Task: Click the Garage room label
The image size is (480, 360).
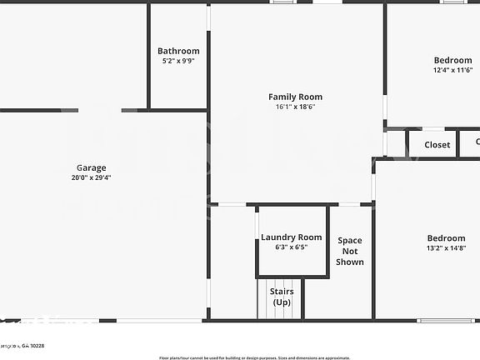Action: point(92,167)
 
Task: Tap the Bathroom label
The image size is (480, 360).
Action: point(178,51)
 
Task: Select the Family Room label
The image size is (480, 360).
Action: point(295,97)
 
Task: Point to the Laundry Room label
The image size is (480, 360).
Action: point(291,237)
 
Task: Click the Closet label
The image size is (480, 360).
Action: point(437,145)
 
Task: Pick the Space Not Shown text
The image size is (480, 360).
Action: point(350,251)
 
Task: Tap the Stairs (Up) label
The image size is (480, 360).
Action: point(281,297)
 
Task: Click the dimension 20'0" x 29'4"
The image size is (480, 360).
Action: point(92,177)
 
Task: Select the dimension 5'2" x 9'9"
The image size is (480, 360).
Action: point(178,61)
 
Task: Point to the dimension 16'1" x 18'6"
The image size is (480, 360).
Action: point(295,107)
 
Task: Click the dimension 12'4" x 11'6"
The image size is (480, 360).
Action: point(452,70)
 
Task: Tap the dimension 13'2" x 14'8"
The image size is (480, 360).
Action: point(446,247)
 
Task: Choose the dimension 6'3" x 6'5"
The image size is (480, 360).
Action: point(291,247)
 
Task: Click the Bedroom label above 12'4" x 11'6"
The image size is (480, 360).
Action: point(452,60)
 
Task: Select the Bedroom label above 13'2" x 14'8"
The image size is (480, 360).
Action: point(446,237)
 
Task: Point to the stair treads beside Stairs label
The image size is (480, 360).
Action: point(262,300)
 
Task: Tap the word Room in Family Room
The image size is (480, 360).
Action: point(310,97)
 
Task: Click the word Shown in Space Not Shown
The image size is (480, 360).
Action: point(350,262)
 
